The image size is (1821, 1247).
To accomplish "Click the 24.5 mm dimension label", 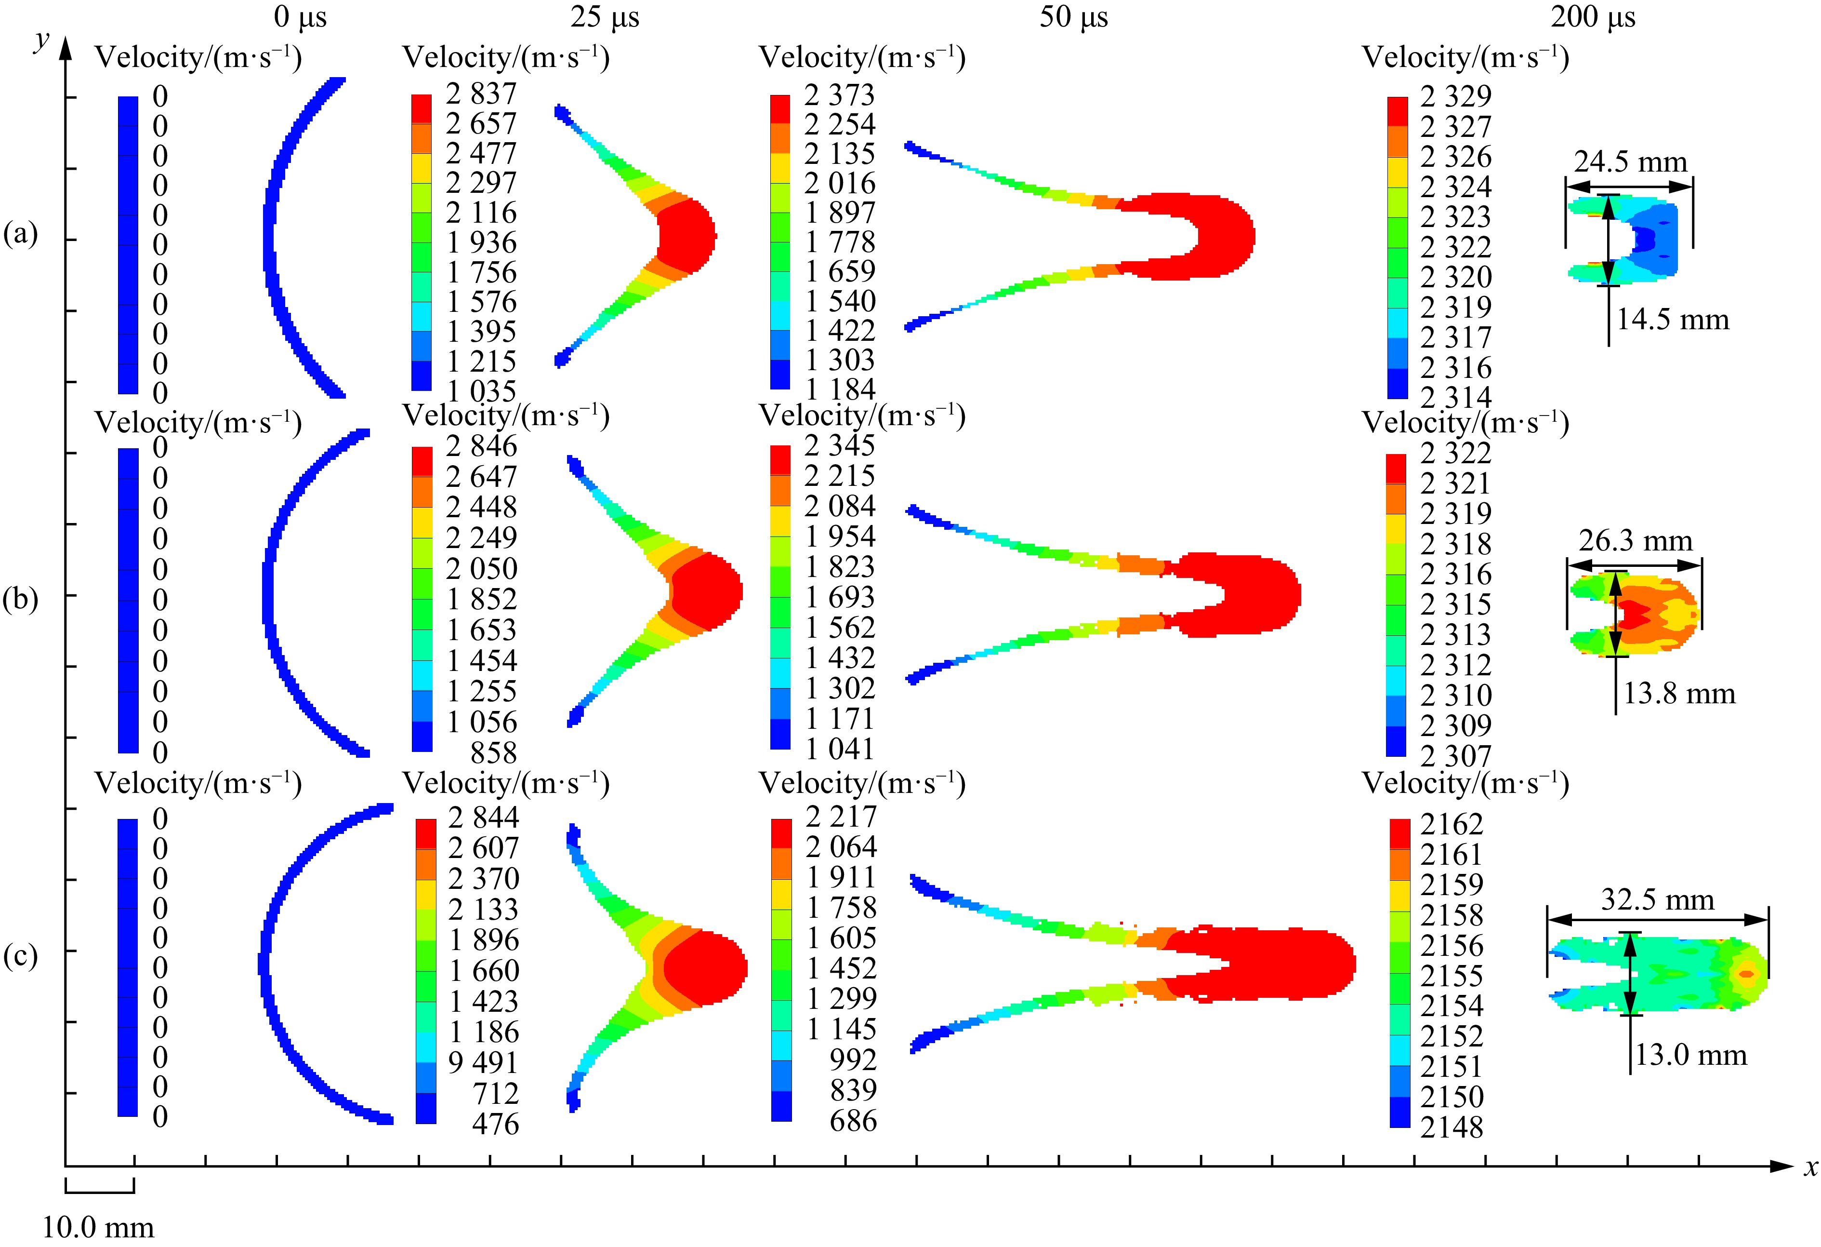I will pyautogui.click(x=1630, y=162).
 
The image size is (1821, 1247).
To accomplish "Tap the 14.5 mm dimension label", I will pyautogui.click(x=1672, y=320).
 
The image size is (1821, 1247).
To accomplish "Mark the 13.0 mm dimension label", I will pyautogui.click(x=1690, y=1055).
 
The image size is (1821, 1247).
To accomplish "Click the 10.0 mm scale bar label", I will pyautogui.click(x=98, y=1227).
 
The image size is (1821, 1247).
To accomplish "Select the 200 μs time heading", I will pyautogui.click(x=1593, y=17).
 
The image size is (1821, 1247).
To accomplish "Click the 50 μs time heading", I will pyautogui.click(x=1073, y=17).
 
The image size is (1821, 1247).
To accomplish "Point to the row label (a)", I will pyautogui.click(x=20, y=234).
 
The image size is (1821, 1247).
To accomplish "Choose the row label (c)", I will pyautogui.click(x=20, y=956).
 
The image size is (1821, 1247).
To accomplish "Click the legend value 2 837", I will pyautogui.click(x=481, y=94).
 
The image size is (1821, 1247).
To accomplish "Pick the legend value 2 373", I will pyautogui.click(x=839, y=95).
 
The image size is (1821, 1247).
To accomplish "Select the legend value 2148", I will pyautogui.click(x=1451, y=1127).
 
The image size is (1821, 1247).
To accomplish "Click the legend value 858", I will pyautogui.click(x=494, y=753).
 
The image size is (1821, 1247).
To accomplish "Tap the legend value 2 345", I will pyautogui.click(x=839, y=445).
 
